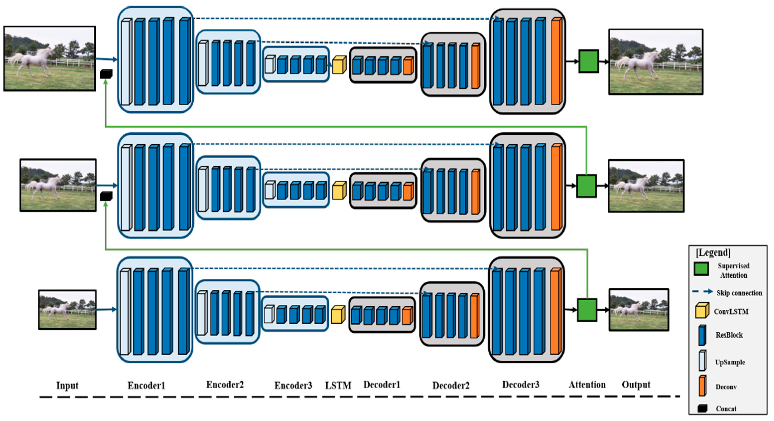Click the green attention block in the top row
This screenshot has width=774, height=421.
coord(589,61)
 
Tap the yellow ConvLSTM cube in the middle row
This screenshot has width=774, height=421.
coord(339,191)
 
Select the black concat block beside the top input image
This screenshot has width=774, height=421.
coord(106,74)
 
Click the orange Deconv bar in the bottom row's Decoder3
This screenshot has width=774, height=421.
coord(556,312)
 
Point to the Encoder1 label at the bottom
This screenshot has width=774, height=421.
coord(146,385)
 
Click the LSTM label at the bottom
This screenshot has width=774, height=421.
coord(338,385)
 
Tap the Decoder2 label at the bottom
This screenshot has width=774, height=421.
coord(451,385)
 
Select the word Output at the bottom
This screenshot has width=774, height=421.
coord(636,385)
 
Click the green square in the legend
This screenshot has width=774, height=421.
coord(701,268)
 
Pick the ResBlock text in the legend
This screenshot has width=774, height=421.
coord(729,335)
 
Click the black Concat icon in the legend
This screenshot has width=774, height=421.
coord(702,408)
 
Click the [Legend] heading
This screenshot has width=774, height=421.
coord(713,252)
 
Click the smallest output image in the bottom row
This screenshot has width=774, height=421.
coord(639,310)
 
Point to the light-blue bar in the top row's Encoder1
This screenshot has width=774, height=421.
coord(126,62)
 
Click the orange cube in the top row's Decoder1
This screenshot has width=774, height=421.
coord(408,66)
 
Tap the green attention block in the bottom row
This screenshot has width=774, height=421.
coord(587,310)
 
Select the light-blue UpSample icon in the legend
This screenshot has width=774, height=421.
coord(703,361)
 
